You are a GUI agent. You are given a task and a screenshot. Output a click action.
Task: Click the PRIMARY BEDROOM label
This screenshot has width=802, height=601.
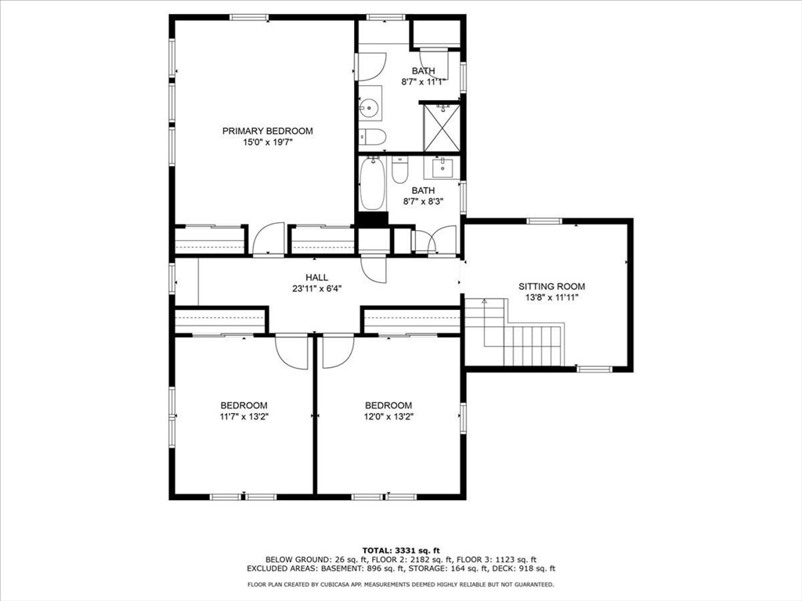pos(268,131)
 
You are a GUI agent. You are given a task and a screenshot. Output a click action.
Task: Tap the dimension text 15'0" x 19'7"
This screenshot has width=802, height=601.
pos(268,142)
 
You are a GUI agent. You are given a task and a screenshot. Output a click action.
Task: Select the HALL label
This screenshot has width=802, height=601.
pos(317,278)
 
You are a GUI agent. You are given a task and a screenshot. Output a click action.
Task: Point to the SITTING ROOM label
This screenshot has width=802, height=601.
pos(551,286)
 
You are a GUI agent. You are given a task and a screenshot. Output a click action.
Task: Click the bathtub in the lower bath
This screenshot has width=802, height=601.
pos(372,183)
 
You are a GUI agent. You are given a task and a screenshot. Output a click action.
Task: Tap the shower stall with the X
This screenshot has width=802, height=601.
pos(442,128)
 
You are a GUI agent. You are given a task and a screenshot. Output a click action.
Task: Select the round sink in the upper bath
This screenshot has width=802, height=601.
pos(370,107)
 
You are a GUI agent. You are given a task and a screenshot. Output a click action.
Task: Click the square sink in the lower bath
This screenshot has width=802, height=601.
pos(442,167)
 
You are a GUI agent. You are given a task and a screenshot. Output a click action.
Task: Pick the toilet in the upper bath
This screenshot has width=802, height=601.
pos(372,137)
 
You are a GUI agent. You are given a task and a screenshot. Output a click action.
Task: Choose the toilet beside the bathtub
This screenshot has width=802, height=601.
pos(399,169)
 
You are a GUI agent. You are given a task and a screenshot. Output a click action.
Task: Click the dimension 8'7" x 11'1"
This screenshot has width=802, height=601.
pos(424,81)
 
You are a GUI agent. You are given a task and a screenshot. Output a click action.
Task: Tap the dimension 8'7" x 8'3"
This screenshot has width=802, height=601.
pos(423,201)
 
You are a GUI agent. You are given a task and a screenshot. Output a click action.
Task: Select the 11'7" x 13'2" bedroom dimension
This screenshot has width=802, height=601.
pos(244,416)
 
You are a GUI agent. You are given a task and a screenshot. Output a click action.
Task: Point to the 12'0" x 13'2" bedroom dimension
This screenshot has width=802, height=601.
pos(388,416)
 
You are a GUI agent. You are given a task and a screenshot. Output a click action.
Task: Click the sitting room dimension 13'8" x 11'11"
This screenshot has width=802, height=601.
pos(551,297)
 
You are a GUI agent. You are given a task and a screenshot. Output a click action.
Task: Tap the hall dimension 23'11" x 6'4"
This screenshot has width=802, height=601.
pos(317,289)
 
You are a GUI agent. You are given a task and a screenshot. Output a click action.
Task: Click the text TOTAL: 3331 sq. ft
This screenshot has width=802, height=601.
pos(401,550)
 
